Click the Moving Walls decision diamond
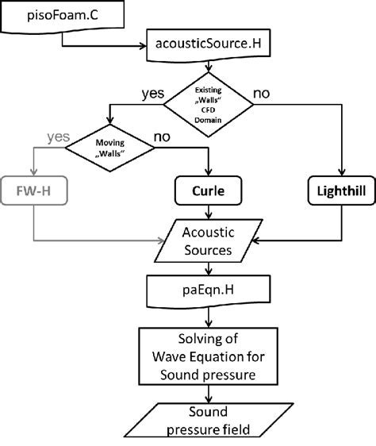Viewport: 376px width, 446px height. click(111, 148)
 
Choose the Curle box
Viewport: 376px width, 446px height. click(208, 192)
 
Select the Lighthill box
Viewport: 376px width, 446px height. click(341, 192)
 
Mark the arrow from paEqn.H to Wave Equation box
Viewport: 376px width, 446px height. click(208, 316)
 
